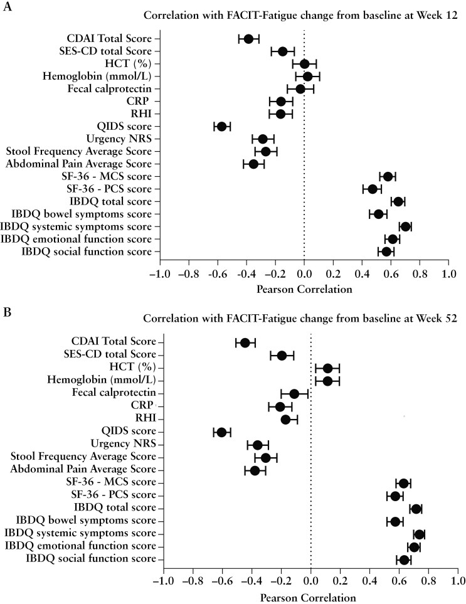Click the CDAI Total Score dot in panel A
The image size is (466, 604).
tap(248, 39)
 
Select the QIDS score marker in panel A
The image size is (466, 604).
tap(221, 127)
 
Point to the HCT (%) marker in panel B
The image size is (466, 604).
tap(327, 368)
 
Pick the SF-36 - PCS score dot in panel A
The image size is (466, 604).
tap(373, 189)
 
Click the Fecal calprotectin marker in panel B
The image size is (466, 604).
tap(294, 394)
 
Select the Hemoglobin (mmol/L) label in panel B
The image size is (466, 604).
tap(102, 380)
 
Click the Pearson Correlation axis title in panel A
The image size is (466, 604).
tap(304, 290)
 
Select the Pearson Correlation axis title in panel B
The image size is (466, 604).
tap(310, 598)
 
